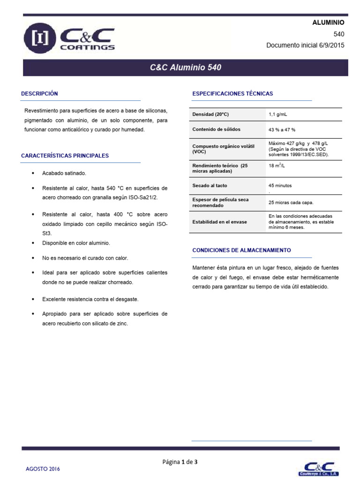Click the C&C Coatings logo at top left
click(x=69, y=39)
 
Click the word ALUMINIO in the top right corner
click(x=328, y=22)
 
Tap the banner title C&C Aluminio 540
click(x=186, y=67)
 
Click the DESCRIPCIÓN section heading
click(x=39, y=94)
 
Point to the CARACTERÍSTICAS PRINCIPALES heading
click(x=65, y=156)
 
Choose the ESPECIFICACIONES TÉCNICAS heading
click(x=232, y=94)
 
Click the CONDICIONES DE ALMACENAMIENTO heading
click(x=241, y=250)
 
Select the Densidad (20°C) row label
click(x=210, y=115)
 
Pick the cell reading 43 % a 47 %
click(x=282, y=129)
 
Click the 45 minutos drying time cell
click(x=280, y=186)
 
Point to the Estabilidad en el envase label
click(x=219, y=222)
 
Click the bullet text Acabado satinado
click(x=64, y=173)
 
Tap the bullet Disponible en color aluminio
click(x=76, y=243)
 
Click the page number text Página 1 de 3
click(x=180, y=462)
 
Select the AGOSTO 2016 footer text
click(x=43, y=469)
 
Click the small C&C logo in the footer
click(x=319, y=467)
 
